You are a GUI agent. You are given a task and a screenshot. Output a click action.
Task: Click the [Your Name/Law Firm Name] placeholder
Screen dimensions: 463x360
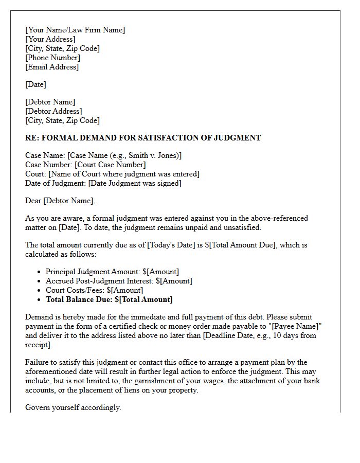coord(75,30)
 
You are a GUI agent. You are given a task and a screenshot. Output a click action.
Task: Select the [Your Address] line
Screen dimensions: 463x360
coord(50,39)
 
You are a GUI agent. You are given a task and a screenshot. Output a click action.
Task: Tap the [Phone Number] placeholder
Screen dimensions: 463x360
coord(53,58)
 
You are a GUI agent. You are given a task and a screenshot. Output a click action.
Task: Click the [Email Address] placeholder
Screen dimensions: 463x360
coord(52,67)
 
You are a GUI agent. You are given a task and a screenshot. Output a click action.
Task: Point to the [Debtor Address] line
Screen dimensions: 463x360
coord(53,111)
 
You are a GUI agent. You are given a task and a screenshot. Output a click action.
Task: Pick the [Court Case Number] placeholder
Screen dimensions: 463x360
coord(110,165)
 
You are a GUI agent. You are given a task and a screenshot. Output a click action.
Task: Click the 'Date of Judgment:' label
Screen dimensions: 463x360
coord(56,183)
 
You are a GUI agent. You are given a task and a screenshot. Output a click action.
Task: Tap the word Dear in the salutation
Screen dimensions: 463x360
coord(33,201)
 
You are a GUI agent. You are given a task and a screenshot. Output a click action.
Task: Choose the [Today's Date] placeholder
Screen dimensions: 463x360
coord(171,245)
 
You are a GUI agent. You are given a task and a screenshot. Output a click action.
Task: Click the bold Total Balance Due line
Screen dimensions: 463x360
coord(109,299)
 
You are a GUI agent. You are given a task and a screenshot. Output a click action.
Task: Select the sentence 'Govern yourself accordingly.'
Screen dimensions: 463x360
coord(73,407)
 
